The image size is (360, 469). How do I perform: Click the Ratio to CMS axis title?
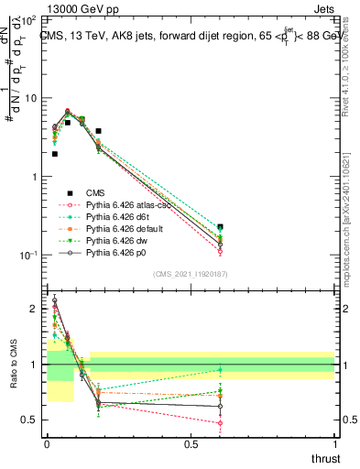tap(13, 365)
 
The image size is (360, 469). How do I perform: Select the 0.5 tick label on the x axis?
tap(191, 444)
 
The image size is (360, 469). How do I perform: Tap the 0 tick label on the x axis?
tap(47, 444)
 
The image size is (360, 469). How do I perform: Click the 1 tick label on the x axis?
tap(334, 444)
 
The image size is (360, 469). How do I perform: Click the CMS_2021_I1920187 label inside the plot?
tap(191, 273)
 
